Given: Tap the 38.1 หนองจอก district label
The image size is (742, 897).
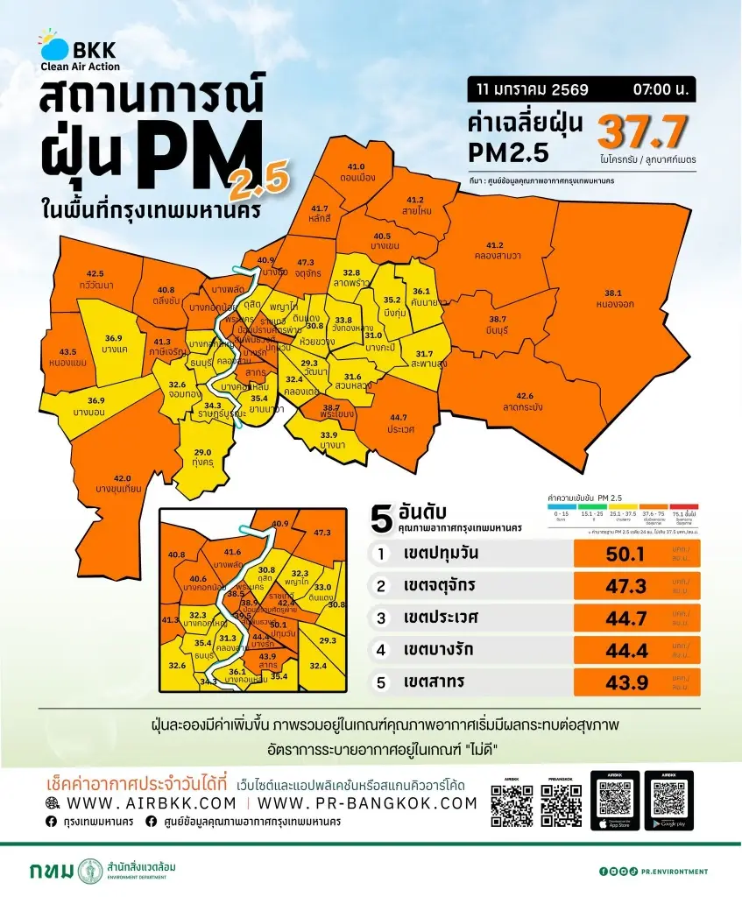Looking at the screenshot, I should [x=618, y=299].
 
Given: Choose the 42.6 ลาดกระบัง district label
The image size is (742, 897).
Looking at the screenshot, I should [x=525, y=400].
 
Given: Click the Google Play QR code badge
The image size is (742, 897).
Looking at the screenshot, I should [x=668, y=800].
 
